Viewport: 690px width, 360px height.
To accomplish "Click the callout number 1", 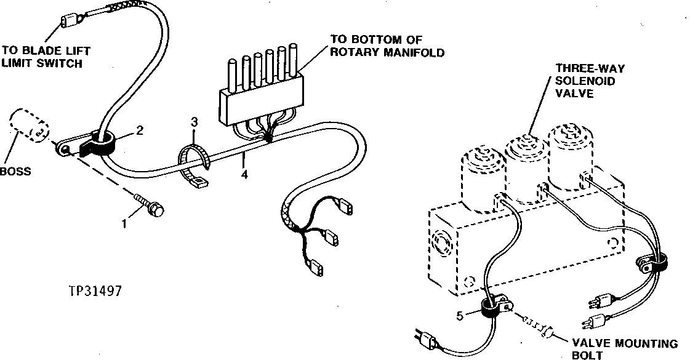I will (124, 224).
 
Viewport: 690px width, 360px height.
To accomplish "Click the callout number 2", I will (140, 130).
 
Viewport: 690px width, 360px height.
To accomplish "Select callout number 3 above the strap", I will (194, 122).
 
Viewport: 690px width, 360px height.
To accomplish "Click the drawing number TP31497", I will (95, 290).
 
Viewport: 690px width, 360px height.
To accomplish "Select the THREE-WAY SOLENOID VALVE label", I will (577, 81).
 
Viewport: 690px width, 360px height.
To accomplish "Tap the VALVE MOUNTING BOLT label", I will (625, 348).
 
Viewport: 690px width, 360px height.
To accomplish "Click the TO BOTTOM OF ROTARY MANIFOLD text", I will (387, 47).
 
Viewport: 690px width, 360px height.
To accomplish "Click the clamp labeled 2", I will (101, 143).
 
